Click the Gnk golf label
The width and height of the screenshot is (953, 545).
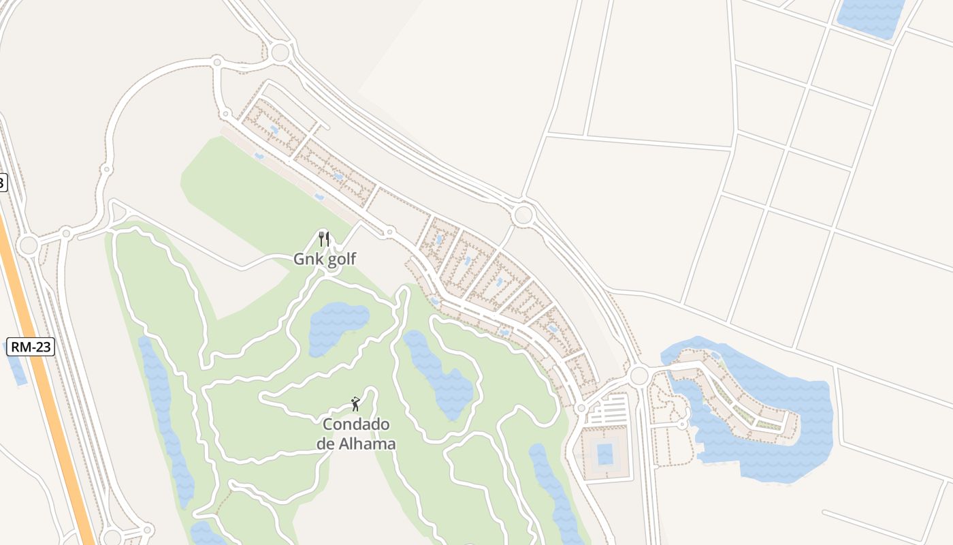pos(325,259)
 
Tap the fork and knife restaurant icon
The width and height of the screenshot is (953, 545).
pos(324,239)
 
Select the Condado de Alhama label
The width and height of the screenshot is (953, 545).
pos(356,434)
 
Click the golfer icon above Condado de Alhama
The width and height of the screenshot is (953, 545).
pos(355,404)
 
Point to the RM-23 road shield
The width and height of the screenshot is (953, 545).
pos(31,347)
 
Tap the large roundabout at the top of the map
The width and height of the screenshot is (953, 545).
pos(280,52)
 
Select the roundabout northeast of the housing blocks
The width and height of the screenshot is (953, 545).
pos(523,215)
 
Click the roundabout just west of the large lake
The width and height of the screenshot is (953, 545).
pos(639,375)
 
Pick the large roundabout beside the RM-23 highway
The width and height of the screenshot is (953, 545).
pos(28,245)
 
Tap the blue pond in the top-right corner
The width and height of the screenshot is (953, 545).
pos(871,17)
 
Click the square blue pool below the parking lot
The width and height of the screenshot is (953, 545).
pos(604,453)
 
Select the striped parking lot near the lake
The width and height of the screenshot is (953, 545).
pos(609,411)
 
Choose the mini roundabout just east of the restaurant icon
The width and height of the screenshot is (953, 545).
pos(389,233)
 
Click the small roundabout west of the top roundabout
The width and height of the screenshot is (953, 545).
pos(217,62)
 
